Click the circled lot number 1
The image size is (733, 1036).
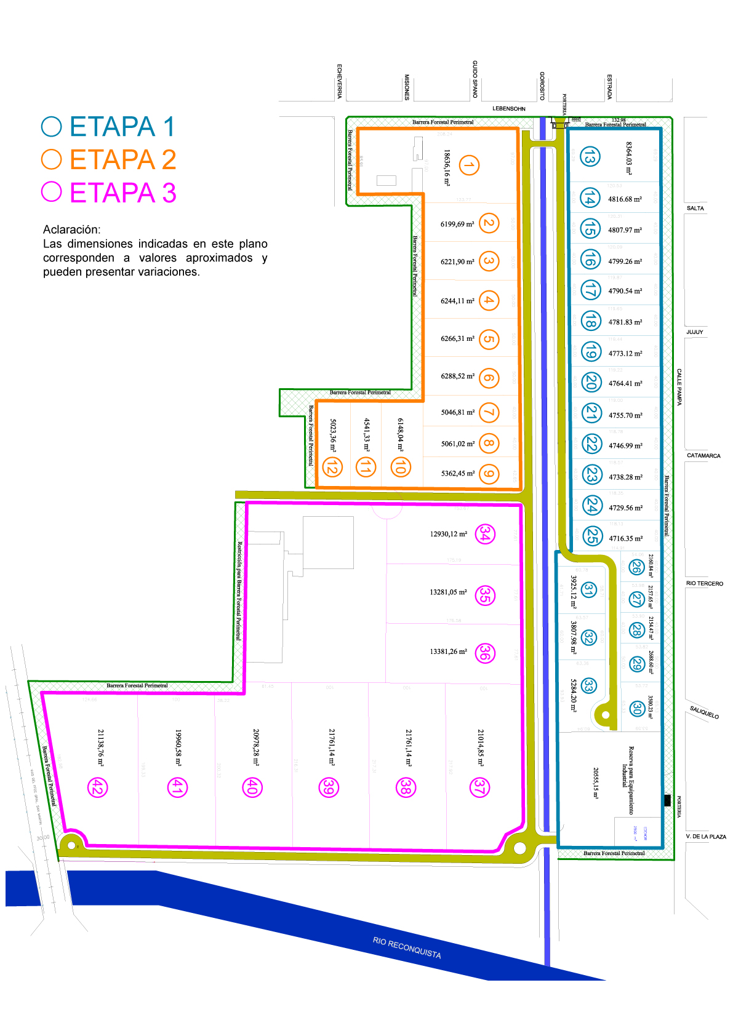coord(469,165)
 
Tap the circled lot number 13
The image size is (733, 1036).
coord(590,157)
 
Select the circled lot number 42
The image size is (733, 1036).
coord(97,787)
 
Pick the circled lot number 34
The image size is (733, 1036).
coord(485,534)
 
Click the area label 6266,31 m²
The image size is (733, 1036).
coord(457,338)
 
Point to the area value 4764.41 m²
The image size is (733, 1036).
coord(625,383)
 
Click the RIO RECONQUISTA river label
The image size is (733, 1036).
coord(407,948)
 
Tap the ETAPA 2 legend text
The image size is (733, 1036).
coord(122,160)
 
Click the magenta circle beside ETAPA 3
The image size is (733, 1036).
coord(52,192)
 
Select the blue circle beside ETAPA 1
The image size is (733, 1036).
coord(52,127)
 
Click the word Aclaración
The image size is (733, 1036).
coord(71,229)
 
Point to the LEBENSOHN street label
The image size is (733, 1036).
coord(509,109)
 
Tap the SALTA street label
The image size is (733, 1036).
coord(695,209)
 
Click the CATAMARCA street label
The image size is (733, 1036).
coord(703,456)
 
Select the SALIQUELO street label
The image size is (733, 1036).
coord(704,712)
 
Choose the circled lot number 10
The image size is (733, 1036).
coord(400,467)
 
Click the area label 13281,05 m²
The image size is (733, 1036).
coord(448,592)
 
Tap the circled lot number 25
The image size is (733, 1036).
coord(591,536)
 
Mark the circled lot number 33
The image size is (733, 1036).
coord(589,685)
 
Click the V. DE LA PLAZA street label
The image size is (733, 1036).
coord(706,837)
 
